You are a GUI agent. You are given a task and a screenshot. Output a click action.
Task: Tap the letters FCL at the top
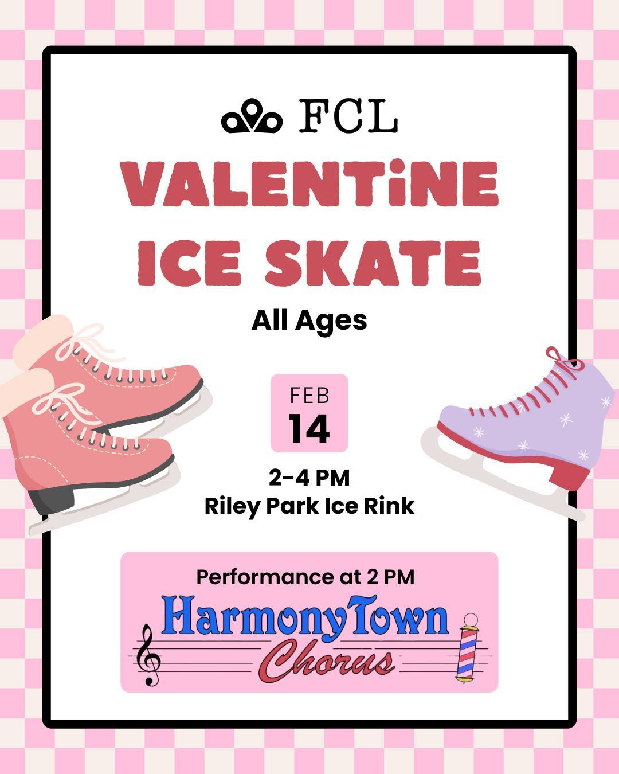(348, 116)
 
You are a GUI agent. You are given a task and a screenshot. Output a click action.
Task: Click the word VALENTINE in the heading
(310, 185)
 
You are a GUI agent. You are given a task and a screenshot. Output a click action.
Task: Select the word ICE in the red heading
(190, 263)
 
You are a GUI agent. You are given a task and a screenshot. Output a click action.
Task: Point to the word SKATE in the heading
(373, 263)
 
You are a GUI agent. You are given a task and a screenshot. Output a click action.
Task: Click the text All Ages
(309, 321)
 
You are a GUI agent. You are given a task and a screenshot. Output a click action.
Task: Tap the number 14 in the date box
(309, 429)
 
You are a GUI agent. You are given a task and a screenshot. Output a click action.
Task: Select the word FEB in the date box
(309, 396)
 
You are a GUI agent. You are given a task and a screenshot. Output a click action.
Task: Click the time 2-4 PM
(309, 478)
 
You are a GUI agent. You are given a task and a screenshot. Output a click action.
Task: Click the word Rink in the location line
(392, 506)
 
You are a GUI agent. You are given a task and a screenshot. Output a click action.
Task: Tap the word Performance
(263, 577)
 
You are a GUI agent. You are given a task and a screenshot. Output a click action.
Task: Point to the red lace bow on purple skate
(561, 360)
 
